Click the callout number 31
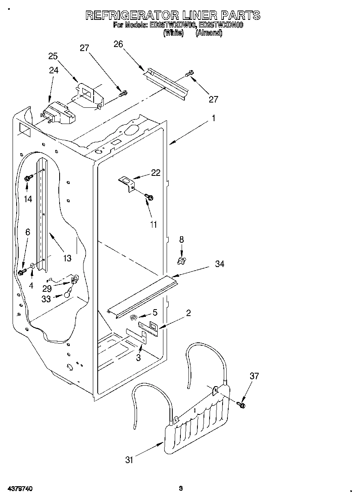(x=130, y=459)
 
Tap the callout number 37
(x=254, y=376)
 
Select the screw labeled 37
(x=242, y=404)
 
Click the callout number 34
(x=220, y=264)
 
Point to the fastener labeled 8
(x=182, y=260)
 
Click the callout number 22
(x=156, y=173)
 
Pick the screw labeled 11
(x=149, y=197)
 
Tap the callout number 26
(x=118, y=44)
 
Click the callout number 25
(x=53, y=56)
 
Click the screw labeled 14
(x=28, y=178)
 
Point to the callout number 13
(x=67, y=258)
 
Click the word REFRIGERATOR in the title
(x=131, y=15)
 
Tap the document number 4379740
(x=20, y=489)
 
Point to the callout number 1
(x=213, y=119)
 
